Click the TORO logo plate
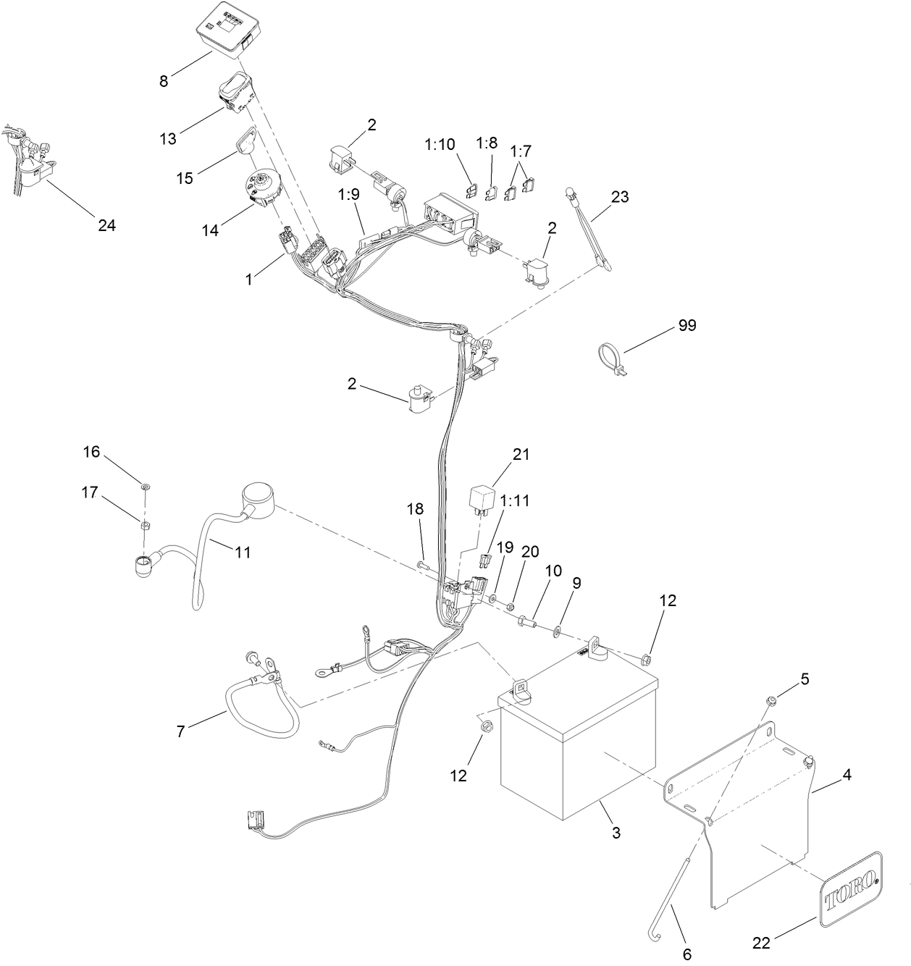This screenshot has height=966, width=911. click(852, 889)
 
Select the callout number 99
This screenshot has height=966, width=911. click(687, 326)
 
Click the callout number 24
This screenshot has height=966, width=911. click(106, 225)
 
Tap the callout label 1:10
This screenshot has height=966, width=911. click(440, 144)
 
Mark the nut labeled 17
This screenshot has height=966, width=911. click(144, 524)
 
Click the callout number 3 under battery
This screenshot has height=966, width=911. click(616, 833)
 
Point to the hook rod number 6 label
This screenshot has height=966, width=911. click(687, 954)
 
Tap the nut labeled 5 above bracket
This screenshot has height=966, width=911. click(771, 700)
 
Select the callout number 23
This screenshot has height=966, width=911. click(620, 197)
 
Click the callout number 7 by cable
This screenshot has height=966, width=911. click(181, 731)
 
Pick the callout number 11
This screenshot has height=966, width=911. click(243, 553)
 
